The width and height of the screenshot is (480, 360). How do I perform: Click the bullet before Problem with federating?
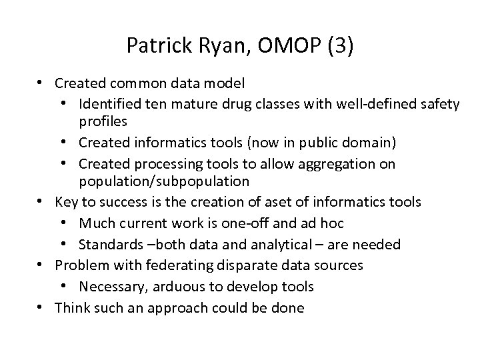pos(42,265)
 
